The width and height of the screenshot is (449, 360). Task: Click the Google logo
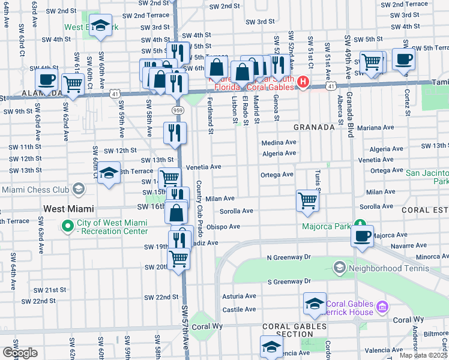pyautogui.click(x=20, y=352)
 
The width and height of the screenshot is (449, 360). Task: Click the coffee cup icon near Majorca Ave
pyautogui.click(x=362, y=236)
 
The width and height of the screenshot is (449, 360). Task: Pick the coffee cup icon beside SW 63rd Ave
pyautogui.click(x=46, y=79)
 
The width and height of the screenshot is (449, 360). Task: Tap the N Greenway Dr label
pyautogui.click(x=289, y=257)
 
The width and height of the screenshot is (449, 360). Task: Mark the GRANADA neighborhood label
pyautogui.click(x=313, y=128)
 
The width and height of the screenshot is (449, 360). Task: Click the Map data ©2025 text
pyautogui.click(x=424, y=355)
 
